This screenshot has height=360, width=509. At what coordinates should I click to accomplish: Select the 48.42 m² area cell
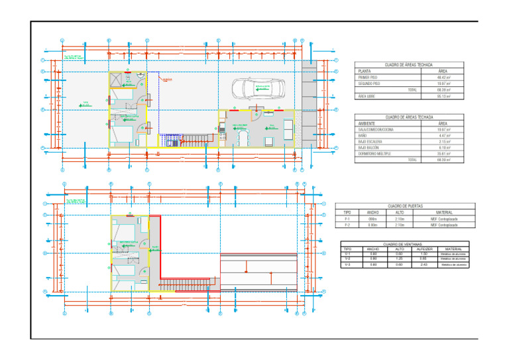(x=443, y=78)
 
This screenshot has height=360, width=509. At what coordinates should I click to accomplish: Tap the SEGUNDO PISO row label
(x=369, y=84)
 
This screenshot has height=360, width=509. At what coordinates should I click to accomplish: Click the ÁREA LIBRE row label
(x=367, y=96)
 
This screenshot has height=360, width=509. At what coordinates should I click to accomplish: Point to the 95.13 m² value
(x=443, y=96)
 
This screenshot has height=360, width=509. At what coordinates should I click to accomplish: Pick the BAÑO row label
(x=363, y=135)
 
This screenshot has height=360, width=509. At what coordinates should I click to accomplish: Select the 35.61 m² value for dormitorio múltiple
(x=443, y=154)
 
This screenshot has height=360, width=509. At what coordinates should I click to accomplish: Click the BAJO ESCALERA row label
(x=370, y=141)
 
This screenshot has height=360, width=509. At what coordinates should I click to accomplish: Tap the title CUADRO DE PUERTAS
(x=405, y=206)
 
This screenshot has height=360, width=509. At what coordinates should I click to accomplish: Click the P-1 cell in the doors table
(x=347, y=219)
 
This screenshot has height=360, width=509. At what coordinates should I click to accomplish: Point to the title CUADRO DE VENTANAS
(x=404, y=244)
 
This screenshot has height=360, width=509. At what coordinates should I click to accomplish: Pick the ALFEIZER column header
(x=424, y=249)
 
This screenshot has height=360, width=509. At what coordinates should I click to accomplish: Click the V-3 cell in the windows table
(x=348, y=265)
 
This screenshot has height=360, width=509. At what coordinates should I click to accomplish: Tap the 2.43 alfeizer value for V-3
(x=424, y=265)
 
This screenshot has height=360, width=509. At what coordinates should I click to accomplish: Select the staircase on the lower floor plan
(x=189, y=284)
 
